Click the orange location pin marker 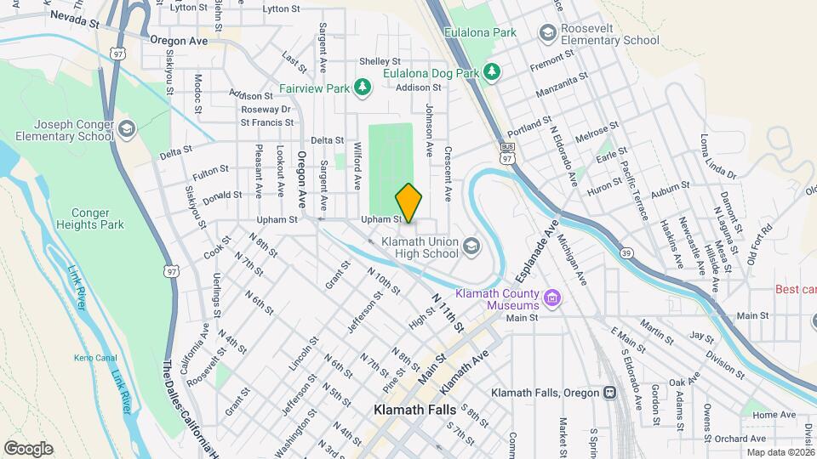pos(408,203)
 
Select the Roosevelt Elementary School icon pos(547,32)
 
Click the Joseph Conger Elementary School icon pos(127,129)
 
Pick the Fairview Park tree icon pos(363,88)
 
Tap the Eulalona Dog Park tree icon pos(491,74)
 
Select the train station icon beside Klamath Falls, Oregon pos(609,393)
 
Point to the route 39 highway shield pos(626,252)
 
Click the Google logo pos(28,449)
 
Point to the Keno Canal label pos(94,357)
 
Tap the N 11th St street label pos(448,313)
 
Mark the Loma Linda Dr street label pos(717,156)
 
